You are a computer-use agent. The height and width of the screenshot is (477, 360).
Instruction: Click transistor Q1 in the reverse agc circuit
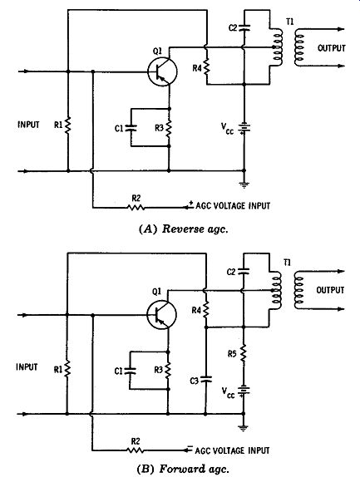coord(162,71)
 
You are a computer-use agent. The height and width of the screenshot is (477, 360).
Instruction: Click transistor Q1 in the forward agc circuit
coord(161,315)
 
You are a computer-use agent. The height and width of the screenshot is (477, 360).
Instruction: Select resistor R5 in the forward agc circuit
coord(243,353)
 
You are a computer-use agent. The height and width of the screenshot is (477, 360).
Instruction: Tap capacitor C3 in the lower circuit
coord(205,379)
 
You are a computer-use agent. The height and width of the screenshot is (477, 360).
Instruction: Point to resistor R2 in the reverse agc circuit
coord(136,208)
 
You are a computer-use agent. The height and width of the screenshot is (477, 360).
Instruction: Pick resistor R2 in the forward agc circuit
coord(136,450)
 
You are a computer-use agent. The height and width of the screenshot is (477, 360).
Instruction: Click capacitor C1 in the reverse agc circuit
coord(131,128)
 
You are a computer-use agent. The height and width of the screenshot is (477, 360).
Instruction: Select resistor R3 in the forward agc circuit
coord(168,371)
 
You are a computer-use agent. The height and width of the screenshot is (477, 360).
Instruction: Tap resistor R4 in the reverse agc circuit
coord(207,67)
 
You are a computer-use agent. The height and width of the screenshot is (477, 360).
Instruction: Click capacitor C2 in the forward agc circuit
coord(243,271)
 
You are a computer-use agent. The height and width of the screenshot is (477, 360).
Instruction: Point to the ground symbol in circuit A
coord(244,184)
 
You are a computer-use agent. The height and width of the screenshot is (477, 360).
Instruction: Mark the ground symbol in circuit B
coord(244,428)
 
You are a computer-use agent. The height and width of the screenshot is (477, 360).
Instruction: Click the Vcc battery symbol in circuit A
coord(244,128)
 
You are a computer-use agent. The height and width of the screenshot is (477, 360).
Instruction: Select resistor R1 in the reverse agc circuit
coord(68,125)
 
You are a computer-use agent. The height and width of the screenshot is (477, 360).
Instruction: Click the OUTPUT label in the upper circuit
coord(332,48)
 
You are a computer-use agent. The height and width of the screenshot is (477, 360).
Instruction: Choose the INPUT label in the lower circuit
coord(27,366)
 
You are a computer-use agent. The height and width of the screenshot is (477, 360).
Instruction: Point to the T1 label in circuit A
coord(290,22)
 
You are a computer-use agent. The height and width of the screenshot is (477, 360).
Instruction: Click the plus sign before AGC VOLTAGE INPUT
coord(191,203)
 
